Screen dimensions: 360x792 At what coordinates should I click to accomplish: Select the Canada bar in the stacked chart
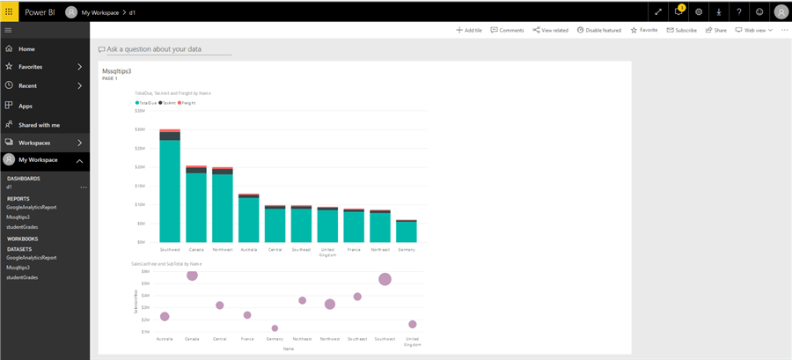coord(196,208)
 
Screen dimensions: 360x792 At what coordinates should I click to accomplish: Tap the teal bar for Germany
coord(406,231)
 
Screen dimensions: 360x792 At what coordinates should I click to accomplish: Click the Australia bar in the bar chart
coord(249,220)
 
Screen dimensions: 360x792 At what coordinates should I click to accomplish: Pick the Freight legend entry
coord(187,103)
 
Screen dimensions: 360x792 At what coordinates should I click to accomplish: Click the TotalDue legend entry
coord(146,103)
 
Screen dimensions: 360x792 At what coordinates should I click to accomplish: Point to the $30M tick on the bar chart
coord(140,129)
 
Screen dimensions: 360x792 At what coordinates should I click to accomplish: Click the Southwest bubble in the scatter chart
coord(385,279)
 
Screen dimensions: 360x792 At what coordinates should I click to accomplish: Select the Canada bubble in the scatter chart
coord(192,275)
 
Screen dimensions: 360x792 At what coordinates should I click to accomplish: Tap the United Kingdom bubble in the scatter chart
coord(412,324)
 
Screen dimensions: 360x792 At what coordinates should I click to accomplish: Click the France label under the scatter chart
coord(247,339)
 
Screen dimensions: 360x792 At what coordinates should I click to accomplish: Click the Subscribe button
coord(681,30)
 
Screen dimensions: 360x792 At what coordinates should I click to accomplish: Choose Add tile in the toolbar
coord(469,30)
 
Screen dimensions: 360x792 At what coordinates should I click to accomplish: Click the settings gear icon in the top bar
coord(699,12)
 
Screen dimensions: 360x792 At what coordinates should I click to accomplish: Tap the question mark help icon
coord(739,12)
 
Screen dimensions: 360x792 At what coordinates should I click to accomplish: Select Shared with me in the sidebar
coord(39,125)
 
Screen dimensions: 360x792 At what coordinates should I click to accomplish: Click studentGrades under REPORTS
coord(22,226)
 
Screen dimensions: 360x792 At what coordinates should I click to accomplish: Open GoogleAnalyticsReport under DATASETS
coord(32,258)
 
